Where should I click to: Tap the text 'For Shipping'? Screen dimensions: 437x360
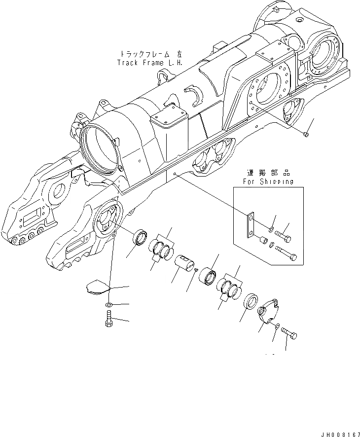[269, 182]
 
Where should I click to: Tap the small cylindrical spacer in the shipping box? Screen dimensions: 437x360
[264, 241]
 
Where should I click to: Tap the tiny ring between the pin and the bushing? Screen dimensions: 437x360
[196, 270]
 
